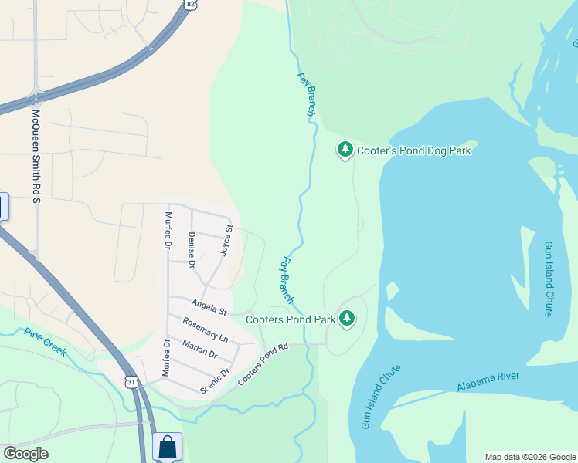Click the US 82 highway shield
coord(190,5)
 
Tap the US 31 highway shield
coord(132,382)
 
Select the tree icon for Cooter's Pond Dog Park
coord(345,150)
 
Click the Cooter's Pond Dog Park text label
coord(414,151)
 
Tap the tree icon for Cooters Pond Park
coord(347,318)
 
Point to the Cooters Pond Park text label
coord(291,319)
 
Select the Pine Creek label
coord(45,343)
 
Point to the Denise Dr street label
coord(191,248)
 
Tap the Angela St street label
coord(209,307)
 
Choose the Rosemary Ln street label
coord(206,330)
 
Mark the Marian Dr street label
coord(200,349)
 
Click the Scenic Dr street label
coord(216,380)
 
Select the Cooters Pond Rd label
coord(263,366)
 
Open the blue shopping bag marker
coord(168,447)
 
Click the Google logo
coord(25,454)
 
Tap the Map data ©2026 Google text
coord(530,457)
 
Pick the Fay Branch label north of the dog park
coord(307,95)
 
